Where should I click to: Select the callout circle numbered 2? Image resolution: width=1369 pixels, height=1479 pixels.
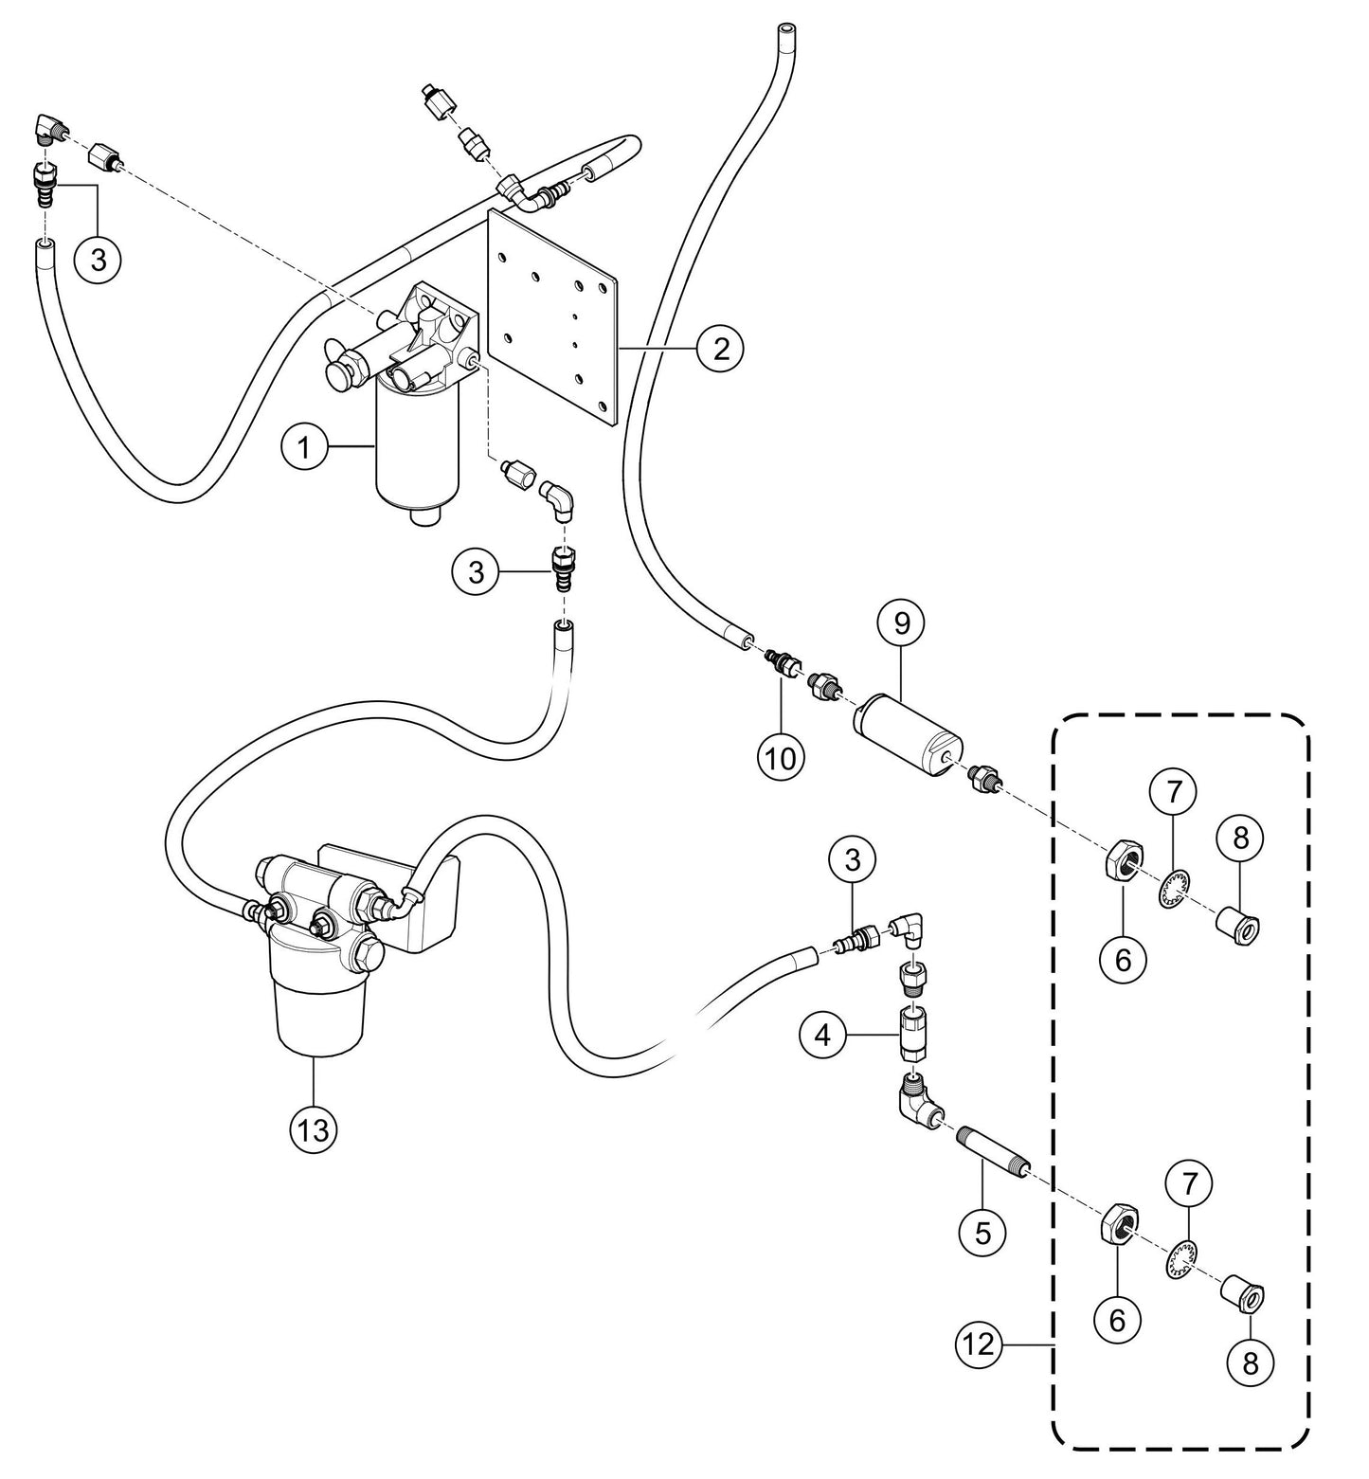[x=721, y=350]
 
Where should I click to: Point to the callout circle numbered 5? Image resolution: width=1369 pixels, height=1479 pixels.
[x=982, y=1233]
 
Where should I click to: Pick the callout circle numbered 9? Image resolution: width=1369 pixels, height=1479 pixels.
[x=901, y=622]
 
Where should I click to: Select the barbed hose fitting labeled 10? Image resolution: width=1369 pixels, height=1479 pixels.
[x=782, y=662]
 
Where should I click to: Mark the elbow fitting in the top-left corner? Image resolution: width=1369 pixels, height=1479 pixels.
[x=50, y=128]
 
